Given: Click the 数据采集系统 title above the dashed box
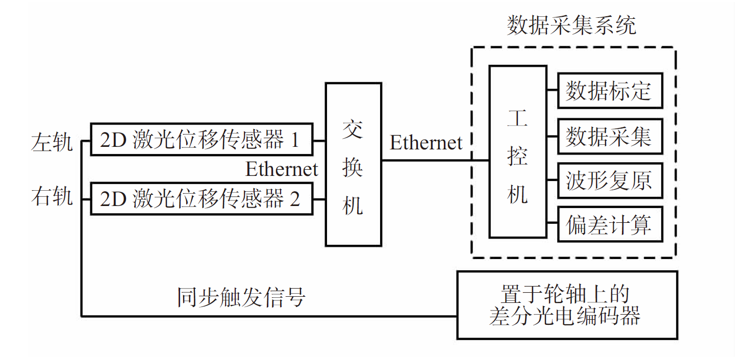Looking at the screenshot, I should [571, 25].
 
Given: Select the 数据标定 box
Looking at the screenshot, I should [610, 91].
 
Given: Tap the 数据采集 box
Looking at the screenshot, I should [610, 136].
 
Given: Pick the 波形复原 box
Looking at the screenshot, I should [610, 181].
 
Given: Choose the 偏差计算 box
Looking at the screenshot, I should [610, 224].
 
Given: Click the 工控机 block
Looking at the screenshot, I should [517, 151].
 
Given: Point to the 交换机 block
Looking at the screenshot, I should [353, 164].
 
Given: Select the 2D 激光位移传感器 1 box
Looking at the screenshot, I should [201, 139].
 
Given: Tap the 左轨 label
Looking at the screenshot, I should [52, 142].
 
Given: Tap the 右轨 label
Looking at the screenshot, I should [52, 196].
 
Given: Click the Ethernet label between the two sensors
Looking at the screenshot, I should [282, 169].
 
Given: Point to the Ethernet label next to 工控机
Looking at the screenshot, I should [426, 143].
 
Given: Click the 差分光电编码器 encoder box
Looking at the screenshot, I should [566, 305].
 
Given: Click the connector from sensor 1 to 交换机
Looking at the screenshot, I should [319, 140].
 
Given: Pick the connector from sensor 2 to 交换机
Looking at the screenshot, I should [319, 199].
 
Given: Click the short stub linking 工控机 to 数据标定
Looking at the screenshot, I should [552, 91].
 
